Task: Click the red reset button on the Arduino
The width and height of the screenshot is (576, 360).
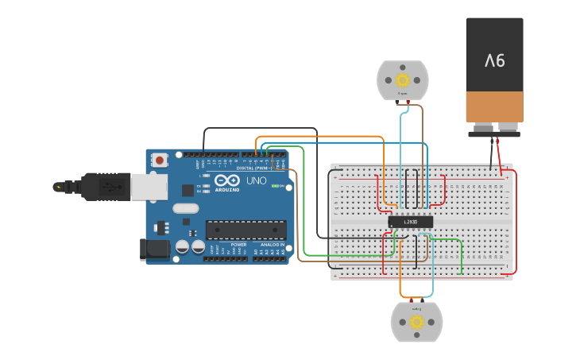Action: (x=160, y=160)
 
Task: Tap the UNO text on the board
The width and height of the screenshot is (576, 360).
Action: (x=256, y=181)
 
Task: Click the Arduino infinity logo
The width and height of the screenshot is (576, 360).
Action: (x=226, y=180)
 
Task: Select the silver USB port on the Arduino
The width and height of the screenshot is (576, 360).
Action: (x=149, y=187)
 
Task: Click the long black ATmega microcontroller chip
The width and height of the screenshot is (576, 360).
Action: (x=245, y=230)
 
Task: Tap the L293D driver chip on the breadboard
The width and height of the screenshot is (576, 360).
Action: (x=411, y=222)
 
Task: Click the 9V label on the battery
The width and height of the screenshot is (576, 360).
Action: (x=494, y=60)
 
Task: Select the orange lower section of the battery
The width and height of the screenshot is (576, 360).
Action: (x=494, y=106)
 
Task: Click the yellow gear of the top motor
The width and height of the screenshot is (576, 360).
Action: (x=402, y=79)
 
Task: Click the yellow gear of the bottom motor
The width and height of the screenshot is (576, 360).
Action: (x=416, y=322)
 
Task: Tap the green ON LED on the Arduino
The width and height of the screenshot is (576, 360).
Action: (x=274, y=186)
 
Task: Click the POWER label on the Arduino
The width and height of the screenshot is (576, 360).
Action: (x=238, y=245)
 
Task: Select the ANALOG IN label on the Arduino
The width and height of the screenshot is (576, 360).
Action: (x=270, y=245)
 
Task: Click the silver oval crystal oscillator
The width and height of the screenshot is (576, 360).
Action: (x=184, y=209)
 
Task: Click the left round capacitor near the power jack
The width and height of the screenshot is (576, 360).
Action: (x=183, y=247)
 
